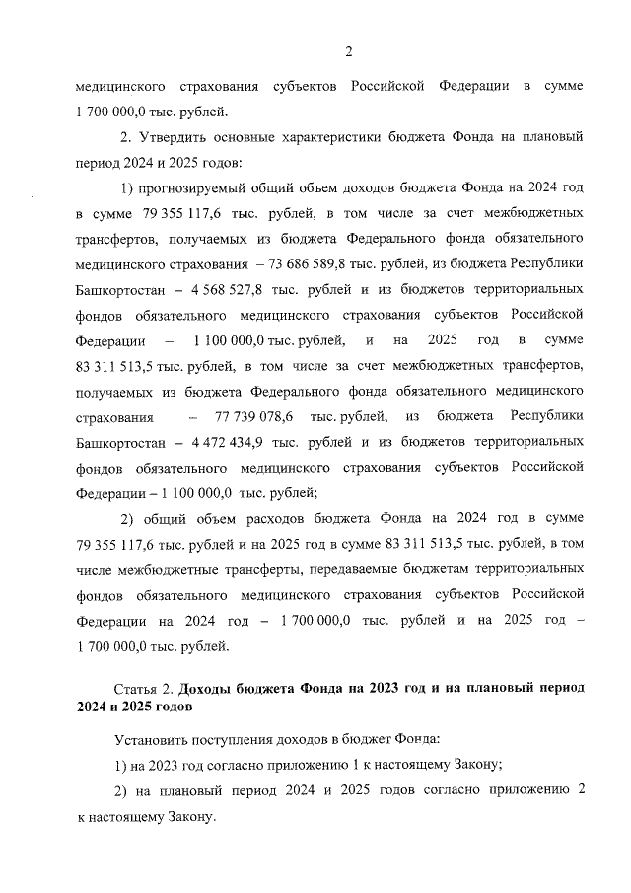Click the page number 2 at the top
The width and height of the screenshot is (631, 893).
[348, 52]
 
